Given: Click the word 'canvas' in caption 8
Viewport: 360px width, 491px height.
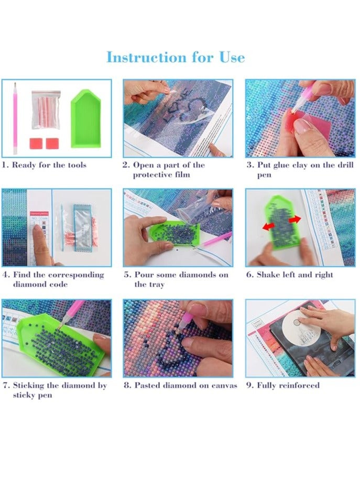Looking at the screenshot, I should (x=223, y=385).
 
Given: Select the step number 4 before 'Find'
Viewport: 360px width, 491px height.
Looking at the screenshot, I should (x=5, y=275).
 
